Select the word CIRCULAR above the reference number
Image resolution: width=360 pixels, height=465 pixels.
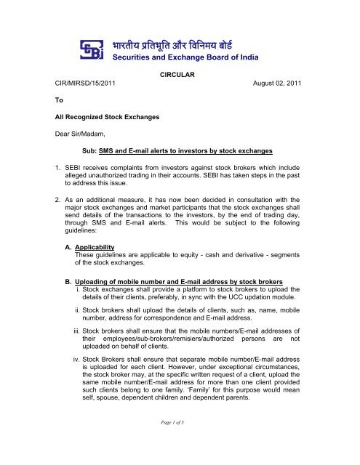tap(179, 73)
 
